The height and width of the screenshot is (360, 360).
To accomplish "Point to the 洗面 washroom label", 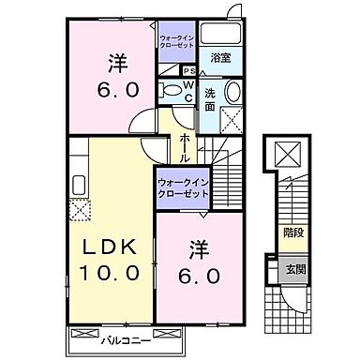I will click(x=211, y=100).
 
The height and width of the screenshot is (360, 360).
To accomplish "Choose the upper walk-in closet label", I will click(x=176, y=40).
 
